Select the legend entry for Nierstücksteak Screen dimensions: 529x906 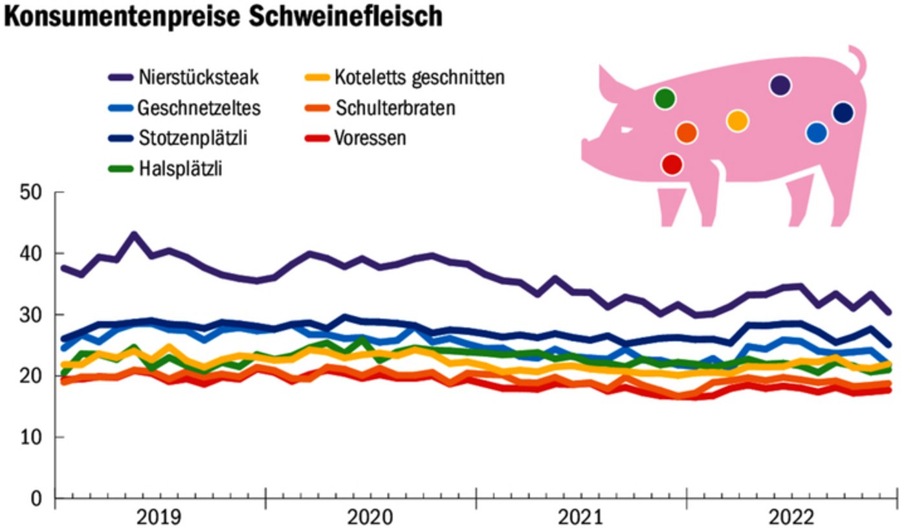[x=198, y=78]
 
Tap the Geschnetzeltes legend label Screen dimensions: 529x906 [x=199, y=107]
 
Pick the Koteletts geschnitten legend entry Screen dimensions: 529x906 [x=419, y=78]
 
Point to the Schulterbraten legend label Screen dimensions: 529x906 [x=395, y=107]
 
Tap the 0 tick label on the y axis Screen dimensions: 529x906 [x=36, y=499]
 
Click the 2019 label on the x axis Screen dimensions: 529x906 [x=160, y=518]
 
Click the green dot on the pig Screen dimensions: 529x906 [x=665, y=98]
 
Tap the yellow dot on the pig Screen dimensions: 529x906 [x=737, y=120]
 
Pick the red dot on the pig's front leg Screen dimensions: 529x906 [x=672, y=164]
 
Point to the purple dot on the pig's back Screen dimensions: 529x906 [x=780, y=85]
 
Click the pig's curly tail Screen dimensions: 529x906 [x=859, y=62]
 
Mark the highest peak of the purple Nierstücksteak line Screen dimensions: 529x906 [x=134, y=235]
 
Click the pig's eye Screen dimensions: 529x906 [x=626, y=129]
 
